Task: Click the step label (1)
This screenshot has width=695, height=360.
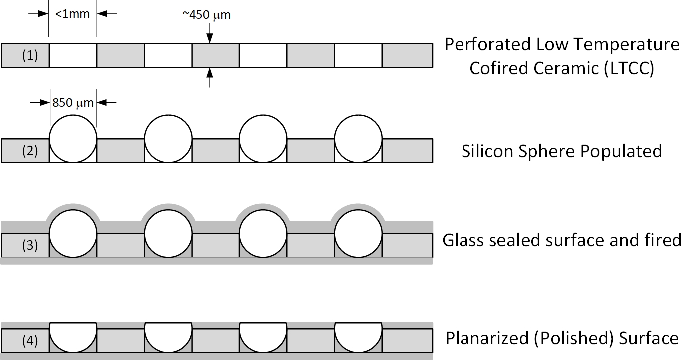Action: point(30,55)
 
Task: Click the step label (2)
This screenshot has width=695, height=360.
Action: point(30,151)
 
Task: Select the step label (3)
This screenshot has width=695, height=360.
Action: point(30,245)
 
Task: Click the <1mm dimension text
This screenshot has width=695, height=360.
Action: point(72,14)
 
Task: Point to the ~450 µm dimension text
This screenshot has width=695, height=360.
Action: point(207,15)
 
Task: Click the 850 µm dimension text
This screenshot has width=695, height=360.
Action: point(73,103)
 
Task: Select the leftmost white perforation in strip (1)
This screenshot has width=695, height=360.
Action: point(73,55)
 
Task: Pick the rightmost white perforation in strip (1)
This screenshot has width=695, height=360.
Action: point(358,55)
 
